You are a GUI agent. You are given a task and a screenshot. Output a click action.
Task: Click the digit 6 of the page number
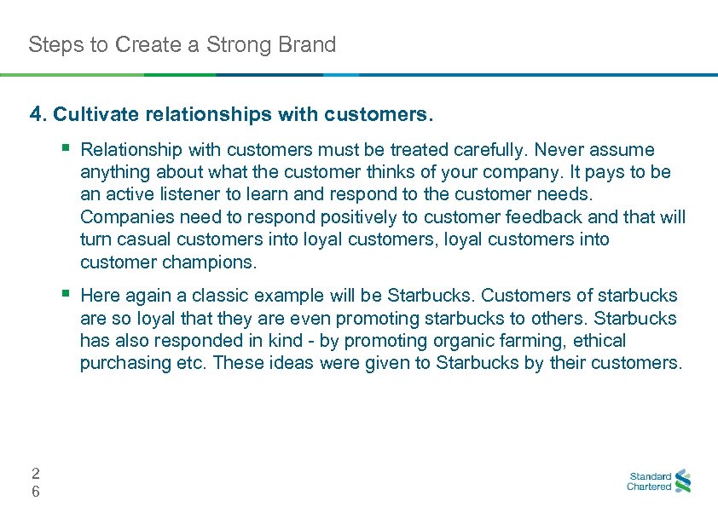pos(35,492)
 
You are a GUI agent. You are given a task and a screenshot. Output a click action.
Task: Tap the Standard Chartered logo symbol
pos(682,481)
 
